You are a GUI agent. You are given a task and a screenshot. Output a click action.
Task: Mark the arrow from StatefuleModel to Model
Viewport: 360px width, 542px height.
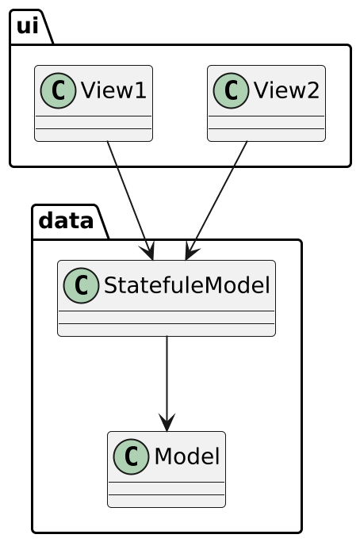pos(167,380)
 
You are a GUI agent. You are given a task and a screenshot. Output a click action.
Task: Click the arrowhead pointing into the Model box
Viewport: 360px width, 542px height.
pos(167,423)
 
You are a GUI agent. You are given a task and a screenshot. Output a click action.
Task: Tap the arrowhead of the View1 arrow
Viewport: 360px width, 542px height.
pos(147,252)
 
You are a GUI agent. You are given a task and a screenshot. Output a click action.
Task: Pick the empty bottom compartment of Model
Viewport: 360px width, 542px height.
pos(167,500)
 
